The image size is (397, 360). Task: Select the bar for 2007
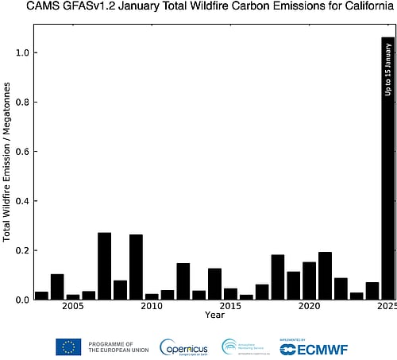click(104, 266)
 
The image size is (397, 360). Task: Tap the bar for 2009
click(136, 267)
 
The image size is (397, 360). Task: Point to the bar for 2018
click(277, 277)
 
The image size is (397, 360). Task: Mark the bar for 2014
click(214, 284)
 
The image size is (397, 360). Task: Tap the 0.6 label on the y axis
click(21, 152)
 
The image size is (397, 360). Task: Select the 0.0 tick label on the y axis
click(21, 300)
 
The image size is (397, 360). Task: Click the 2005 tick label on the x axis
click(72, 307)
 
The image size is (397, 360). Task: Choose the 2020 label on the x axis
click(309, 307)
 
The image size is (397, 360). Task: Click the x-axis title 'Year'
click(214, 315)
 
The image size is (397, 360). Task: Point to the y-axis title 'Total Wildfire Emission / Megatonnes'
click(7, 176)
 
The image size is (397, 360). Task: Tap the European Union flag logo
click(68, 346)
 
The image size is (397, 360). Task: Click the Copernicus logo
click(183, 347)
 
